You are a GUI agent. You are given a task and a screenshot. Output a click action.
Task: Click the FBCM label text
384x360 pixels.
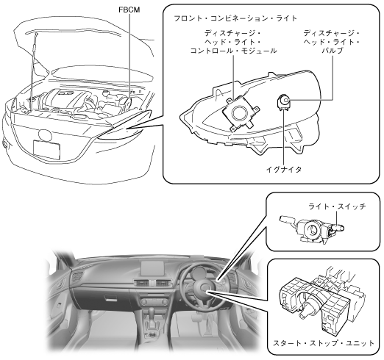pos(129,10)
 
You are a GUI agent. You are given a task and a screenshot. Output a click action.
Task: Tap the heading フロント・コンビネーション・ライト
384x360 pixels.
pos(235,18)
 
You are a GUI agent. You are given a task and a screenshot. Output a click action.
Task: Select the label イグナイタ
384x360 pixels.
pos(284,169)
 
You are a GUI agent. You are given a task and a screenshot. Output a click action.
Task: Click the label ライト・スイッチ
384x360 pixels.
pos(337,206)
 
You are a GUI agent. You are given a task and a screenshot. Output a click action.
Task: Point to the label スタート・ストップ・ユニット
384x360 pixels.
pos(324,343)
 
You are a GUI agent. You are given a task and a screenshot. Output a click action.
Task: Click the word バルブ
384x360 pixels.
pos(332,51)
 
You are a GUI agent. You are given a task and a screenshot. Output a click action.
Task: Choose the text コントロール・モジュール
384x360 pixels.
pos(233,51)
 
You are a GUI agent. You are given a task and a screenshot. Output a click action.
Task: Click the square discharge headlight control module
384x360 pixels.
pos(241,113)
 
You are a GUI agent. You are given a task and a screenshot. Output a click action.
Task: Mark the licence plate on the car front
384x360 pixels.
pos(46,149)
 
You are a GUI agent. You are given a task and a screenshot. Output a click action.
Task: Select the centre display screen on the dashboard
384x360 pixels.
pos(152,268)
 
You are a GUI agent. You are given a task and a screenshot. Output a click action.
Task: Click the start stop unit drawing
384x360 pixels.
pos(322,299)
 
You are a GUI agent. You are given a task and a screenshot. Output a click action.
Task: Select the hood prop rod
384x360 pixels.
pos(33,71)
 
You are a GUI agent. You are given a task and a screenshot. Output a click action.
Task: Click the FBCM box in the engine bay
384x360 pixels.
pos(127,102)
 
